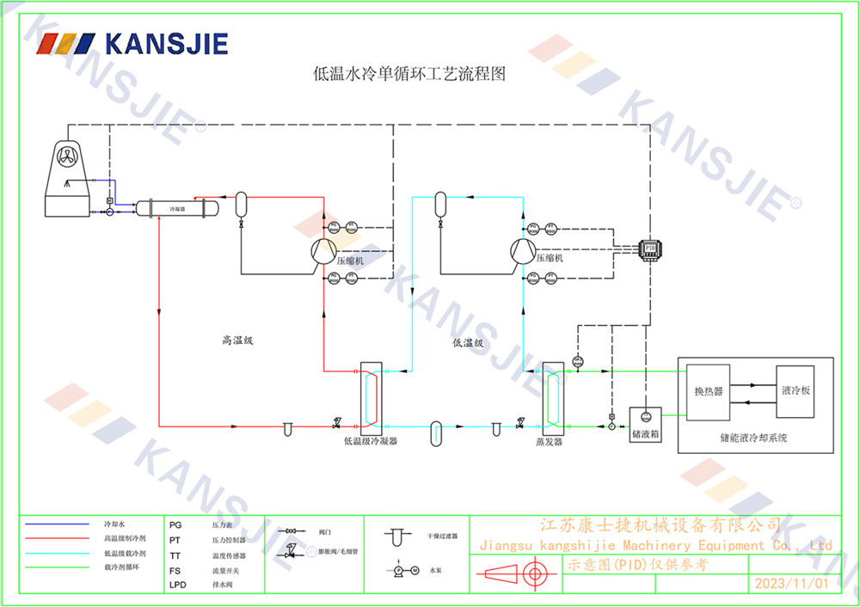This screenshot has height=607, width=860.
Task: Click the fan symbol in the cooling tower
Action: [68, 157]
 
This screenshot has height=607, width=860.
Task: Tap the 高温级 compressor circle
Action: [323, 250]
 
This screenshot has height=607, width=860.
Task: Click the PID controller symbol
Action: [650, 247]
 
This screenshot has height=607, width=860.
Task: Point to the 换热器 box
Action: [709, 390]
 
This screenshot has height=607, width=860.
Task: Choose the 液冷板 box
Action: [795, 390]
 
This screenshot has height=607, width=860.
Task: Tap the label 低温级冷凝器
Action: [371, 442]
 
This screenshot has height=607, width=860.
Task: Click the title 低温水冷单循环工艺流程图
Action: [408, 75]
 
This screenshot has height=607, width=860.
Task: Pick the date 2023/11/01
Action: [791, 583]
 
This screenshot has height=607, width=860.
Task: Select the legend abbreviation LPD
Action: [176, 586]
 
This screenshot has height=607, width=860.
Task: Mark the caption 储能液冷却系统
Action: [753, 438]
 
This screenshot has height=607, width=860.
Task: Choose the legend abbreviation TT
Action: [175, 555]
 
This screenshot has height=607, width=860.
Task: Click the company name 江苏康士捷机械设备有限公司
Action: [660, 524]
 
